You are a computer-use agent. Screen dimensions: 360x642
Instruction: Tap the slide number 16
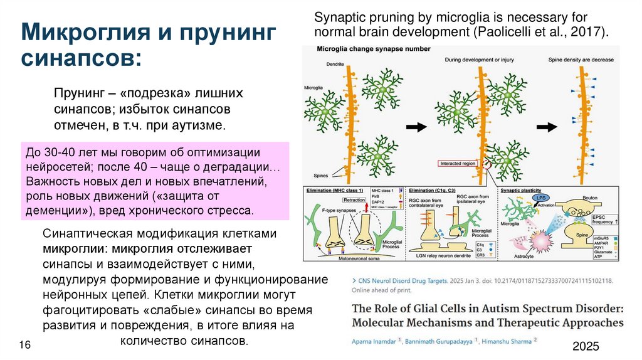pyautogui.click(x=26, y=346)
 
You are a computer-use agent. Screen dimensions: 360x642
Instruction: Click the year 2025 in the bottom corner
pyautogui.click(x=586, y=347)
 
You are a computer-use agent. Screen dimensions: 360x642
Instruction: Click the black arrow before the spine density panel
pyautogui.click(x=547, y=127)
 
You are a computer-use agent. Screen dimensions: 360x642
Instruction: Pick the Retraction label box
pyautogui.click(x=354, y=201)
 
